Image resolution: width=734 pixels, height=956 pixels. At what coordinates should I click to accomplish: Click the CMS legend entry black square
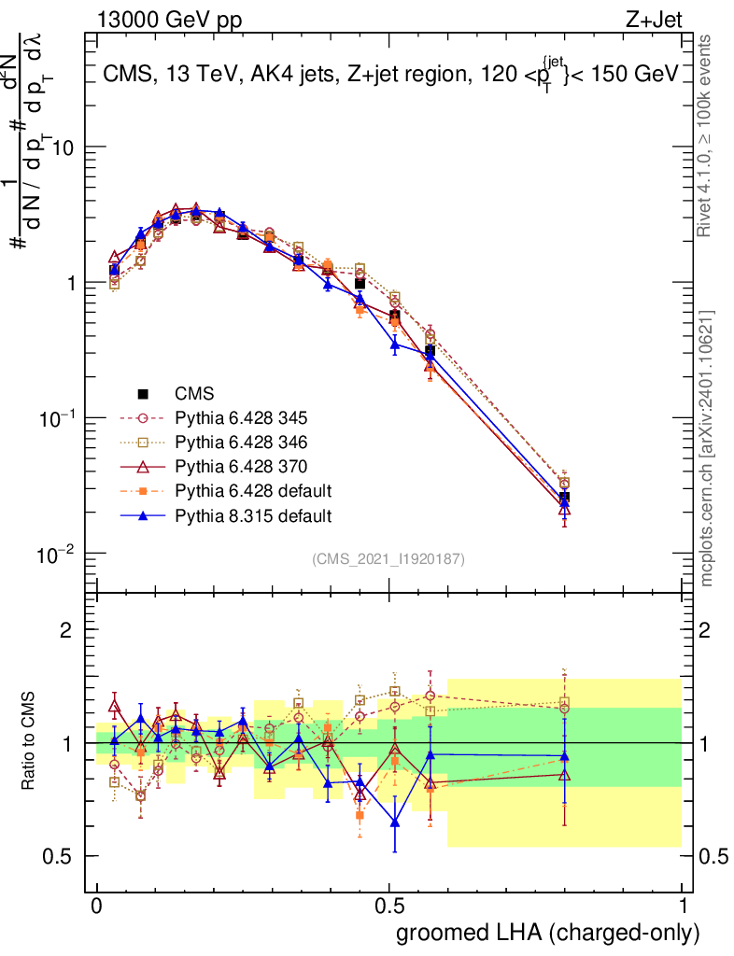pyautogui.click(x=144, y=394)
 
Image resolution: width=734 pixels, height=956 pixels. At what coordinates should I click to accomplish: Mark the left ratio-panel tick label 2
pyautogui.click(x=66, y=630)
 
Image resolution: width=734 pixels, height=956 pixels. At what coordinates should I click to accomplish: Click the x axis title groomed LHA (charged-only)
pyautogui.click(x=548, y=933)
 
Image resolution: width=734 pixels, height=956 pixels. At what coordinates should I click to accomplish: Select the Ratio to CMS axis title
pyautogui.click(x=30, y=741)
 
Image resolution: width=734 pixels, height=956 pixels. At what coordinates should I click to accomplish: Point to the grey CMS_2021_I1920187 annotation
pyautogui.click(x=388, y=558)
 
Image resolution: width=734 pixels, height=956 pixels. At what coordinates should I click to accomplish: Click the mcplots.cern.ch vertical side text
pyautogui.click(x=707, y=448)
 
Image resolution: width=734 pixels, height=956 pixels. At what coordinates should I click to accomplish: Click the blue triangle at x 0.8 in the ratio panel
pyautogui.click(x=564, y=756)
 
